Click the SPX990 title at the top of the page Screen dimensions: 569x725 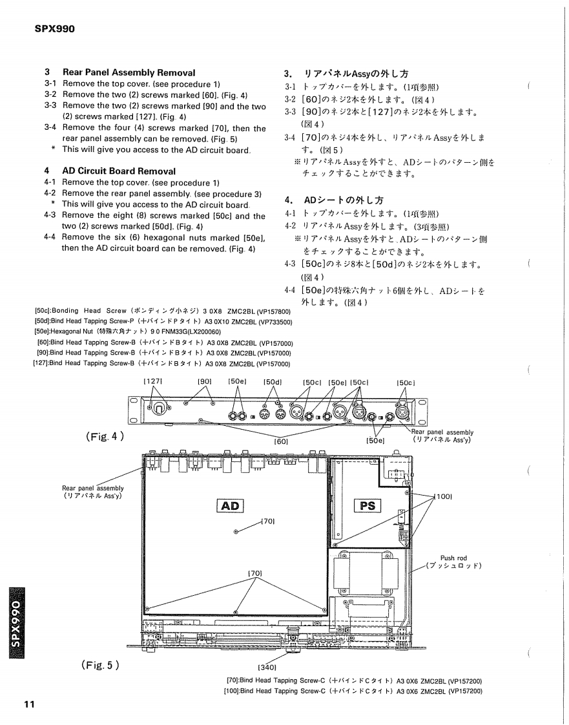(54, 28)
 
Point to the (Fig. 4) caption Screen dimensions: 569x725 (104, 436)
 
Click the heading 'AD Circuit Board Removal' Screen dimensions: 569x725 (119, 171)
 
